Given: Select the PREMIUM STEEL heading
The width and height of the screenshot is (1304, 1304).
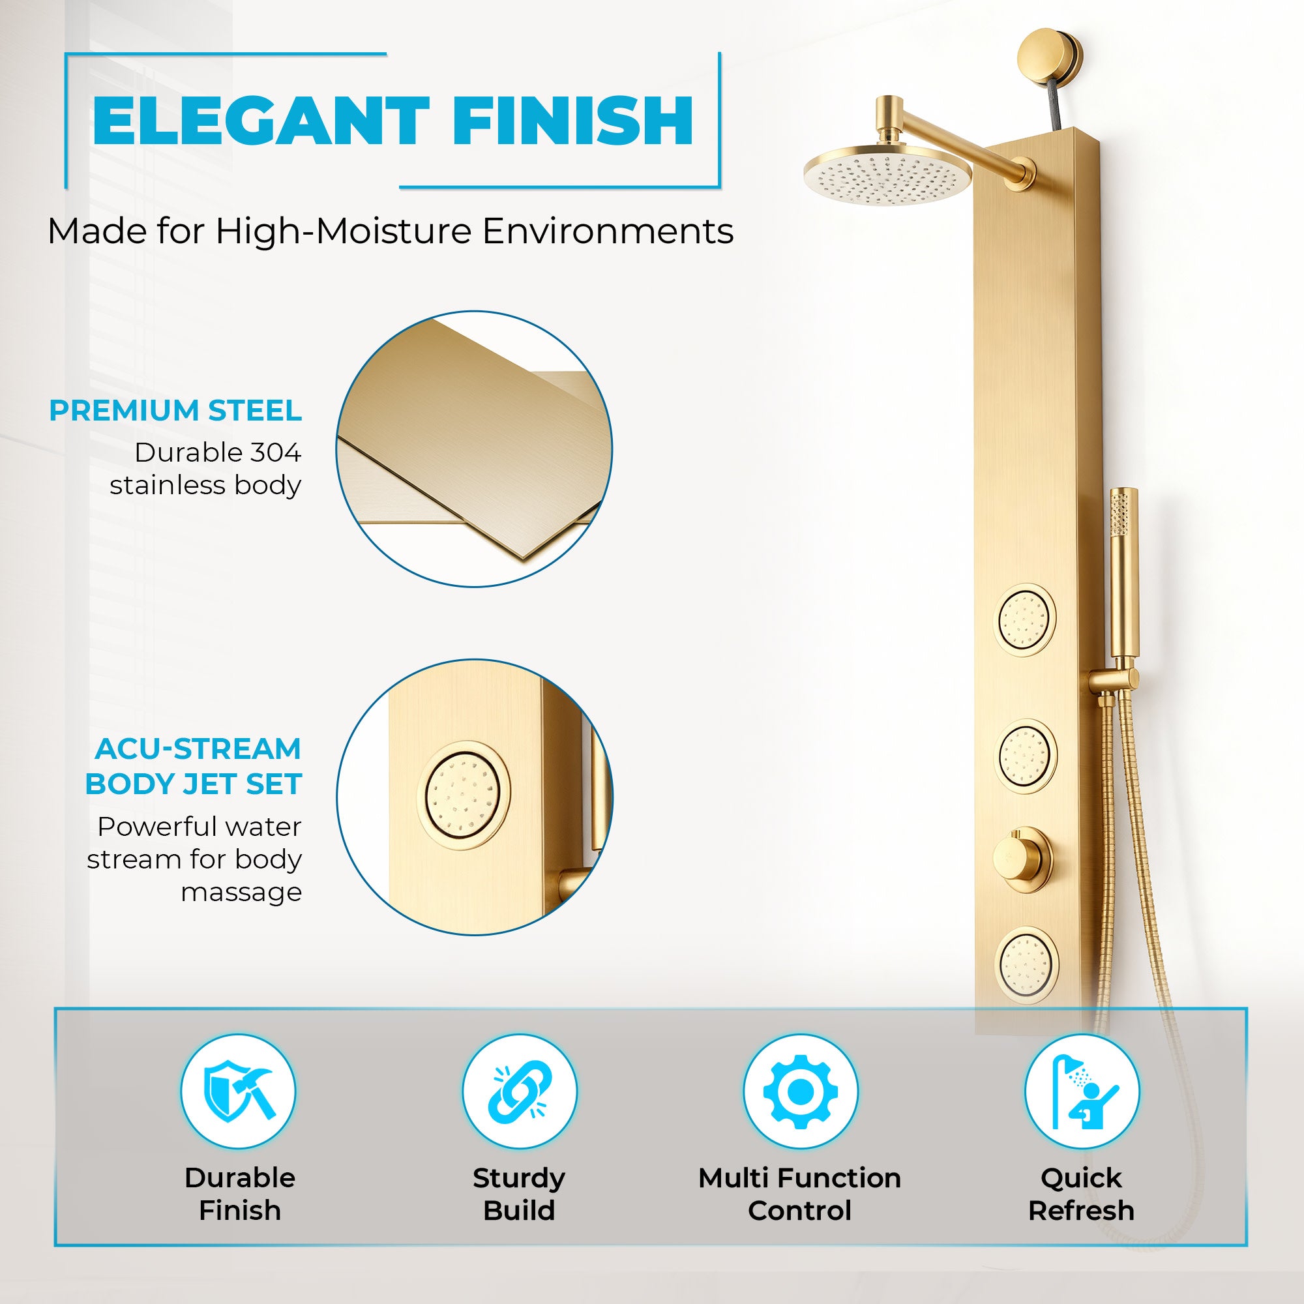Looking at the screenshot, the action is (175, 410).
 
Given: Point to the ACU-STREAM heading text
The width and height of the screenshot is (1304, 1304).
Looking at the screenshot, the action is (198, 748).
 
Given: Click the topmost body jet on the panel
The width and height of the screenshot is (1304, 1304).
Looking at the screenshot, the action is (1027, 619).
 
